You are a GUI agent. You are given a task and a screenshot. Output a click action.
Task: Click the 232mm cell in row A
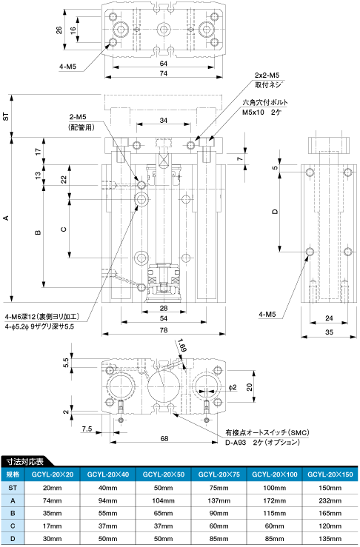click(x=330, y=500)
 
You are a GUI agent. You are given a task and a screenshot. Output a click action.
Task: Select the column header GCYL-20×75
click(x=219, y=474)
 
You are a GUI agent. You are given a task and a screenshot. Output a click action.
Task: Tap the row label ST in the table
click(x=13, y=488)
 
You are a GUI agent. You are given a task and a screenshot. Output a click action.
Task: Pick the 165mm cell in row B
click(x=330, y=513)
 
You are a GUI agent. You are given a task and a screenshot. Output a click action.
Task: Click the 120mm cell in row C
click(x=330, y=526)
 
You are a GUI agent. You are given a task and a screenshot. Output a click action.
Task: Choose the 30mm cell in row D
click(x=53, y=539)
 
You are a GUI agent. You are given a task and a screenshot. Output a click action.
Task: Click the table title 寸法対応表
click(x=25, y=461)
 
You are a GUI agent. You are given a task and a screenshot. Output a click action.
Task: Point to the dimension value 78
click(x=164, y=330)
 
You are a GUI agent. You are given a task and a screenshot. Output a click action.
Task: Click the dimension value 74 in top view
click(x=164, y=73)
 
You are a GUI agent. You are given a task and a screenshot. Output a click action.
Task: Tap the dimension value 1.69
click(x=182, y=345)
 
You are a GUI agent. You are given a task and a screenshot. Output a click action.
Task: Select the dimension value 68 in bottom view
click(x=164, y=438)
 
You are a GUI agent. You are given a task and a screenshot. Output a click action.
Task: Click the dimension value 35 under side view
click(x=329, y=332)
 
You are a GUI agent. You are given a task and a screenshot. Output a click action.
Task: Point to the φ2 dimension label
click(x=233, y=387)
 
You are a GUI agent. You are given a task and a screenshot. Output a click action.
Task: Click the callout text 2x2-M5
click(x=267, y=75)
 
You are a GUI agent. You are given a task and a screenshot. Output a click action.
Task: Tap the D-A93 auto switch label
click(x=236, y=443)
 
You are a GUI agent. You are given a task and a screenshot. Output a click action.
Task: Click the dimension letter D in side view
click(x=275, y=212)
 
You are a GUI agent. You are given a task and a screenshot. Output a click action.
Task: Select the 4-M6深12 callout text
click(x=43, y=316)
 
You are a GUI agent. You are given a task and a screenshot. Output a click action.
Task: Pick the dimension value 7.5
click(x=87, y=429)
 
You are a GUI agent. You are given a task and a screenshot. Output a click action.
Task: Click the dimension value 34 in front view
click(x=164, y=121)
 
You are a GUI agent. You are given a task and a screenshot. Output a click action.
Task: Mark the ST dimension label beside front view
click(x=6, y=116)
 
